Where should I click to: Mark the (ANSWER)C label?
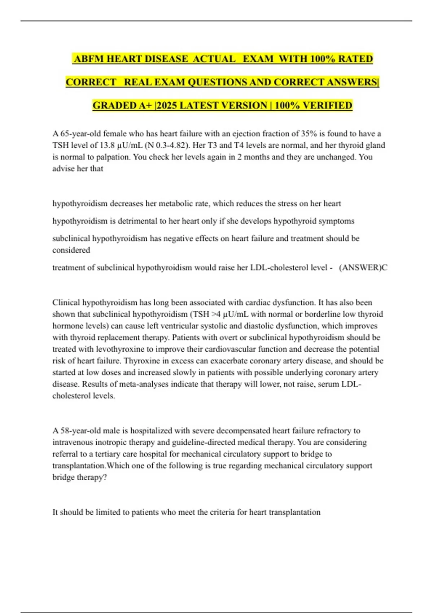point(363,268)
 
